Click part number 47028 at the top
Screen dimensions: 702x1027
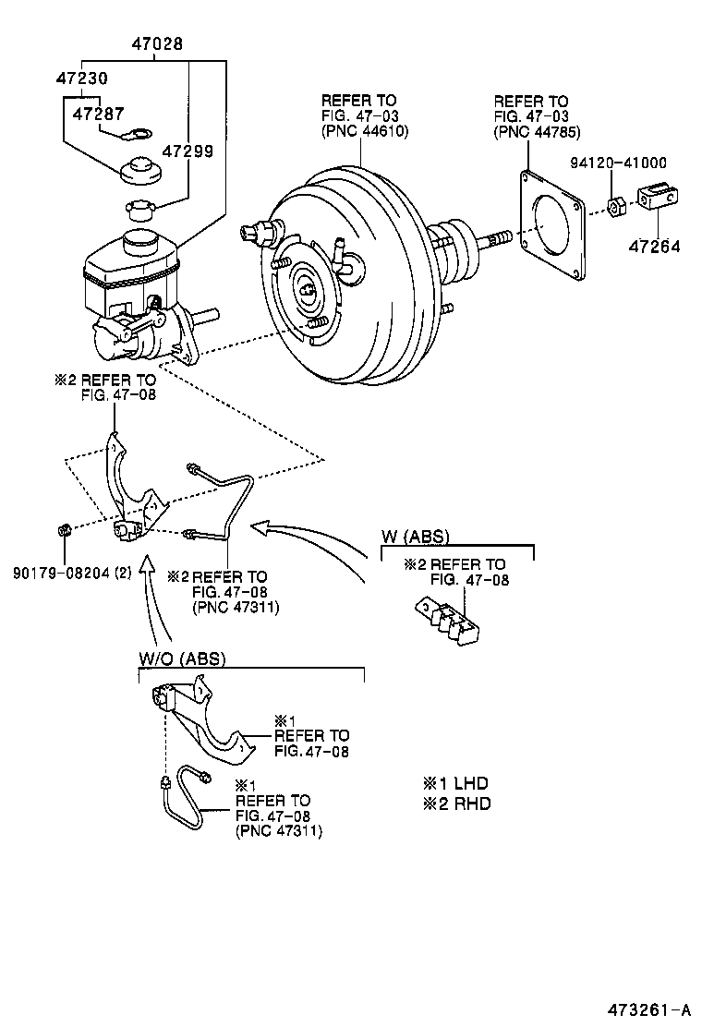coord(157,44)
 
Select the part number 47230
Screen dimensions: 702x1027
coord(82,79)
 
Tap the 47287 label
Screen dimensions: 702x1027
coord(98,114)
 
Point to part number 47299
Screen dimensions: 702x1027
coord(188,151)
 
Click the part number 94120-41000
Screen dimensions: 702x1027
coord(618,163)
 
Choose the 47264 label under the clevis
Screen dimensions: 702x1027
coord(655,247)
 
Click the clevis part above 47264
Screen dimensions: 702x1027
coord(658,197)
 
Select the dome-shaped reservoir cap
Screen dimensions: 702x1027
coord(141,171)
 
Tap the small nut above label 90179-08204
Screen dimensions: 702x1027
coord(65,529)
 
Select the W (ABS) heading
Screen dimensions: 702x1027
coord(416,538)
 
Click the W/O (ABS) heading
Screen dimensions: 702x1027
coord(182,658)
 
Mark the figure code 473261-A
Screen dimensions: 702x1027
coord(649,1009)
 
